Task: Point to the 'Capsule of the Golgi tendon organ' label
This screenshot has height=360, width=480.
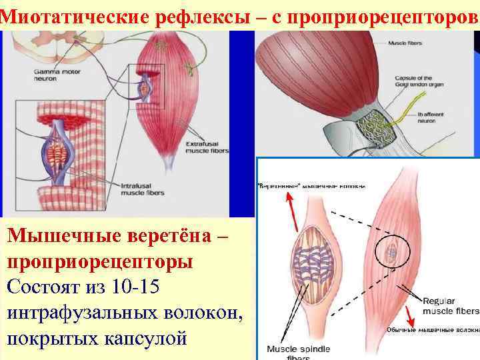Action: [x=413, y=83]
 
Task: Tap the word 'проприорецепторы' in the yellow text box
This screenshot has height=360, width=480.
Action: [x=101, y=261]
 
